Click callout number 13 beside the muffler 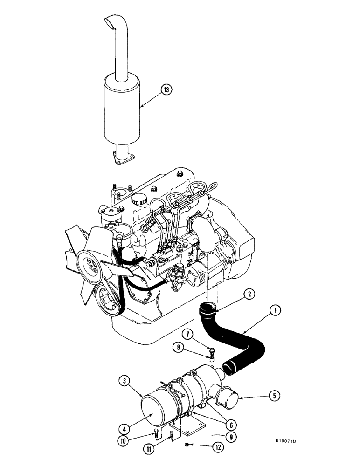[x=166, y=89]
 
